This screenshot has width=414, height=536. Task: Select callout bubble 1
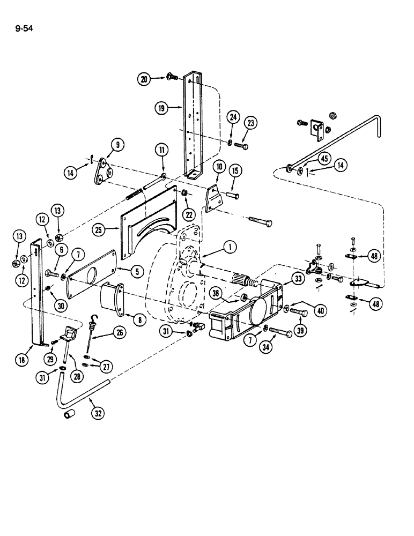230,247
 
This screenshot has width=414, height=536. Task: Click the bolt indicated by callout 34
280,333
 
